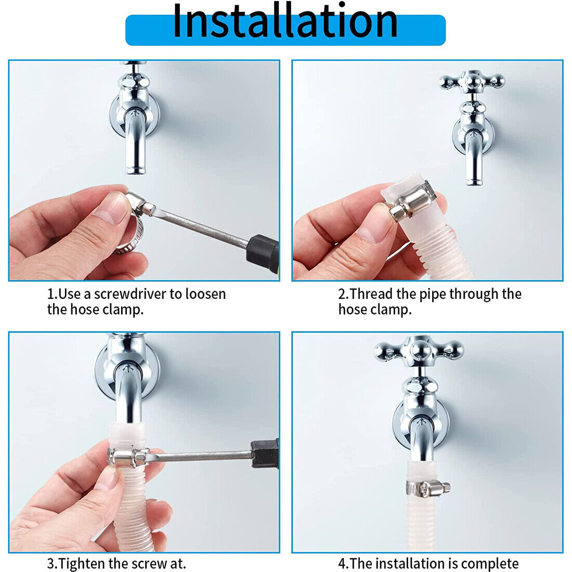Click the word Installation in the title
point(285,21)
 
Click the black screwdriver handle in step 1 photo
point(263,253)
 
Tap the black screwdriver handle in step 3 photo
point(265,454)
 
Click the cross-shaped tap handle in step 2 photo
point(472,82)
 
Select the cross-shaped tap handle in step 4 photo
point(419,350)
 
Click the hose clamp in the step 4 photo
point(427,487)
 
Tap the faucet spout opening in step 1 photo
point(135,171)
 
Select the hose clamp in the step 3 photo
point(128,457)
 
